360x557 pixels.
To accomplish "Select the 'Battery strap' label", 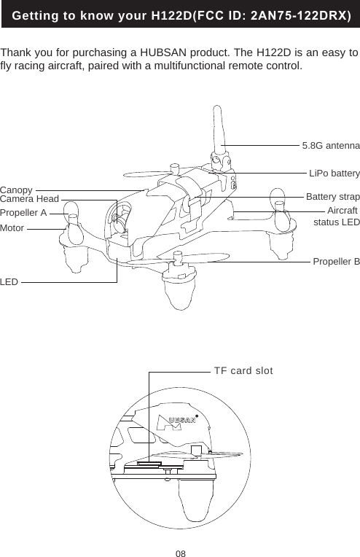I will tap(332, 198).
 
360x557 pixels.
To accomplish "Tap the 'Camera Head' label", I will tap(29, 199).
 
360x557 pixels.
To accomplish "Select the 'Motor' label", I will tap(12, 228).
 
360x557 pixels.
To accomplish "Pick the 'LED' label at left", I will tap(9, 281).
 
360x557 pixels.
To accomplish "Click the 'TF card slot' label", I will tap(243, 370).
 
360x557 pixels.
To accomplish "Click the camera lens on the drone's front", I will tap(117, 217).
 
